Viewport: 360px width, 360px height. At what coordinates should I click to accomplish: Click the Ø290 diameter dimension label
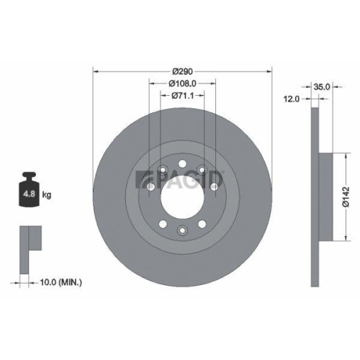[x=183, y=73]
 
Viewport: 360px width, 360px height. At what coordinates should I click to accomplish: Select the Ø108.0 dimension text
[x=183, y=84]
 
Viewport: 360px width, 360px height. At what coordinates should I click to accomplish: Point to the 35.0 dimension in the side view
[x=322, y=87]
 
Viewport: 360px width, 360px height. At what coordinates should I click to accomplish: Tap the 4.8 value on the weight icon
[x=30, y=194]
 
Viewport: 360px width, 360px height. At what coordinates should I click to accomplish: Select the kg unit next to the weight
[x=47, y=194]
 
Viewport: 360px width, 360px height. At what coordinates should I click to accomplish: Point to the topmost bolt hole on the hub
[x=183, y=162]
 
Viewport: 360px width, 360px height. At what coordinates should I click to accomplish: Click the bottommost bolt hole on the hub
[x=183, y=230]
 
